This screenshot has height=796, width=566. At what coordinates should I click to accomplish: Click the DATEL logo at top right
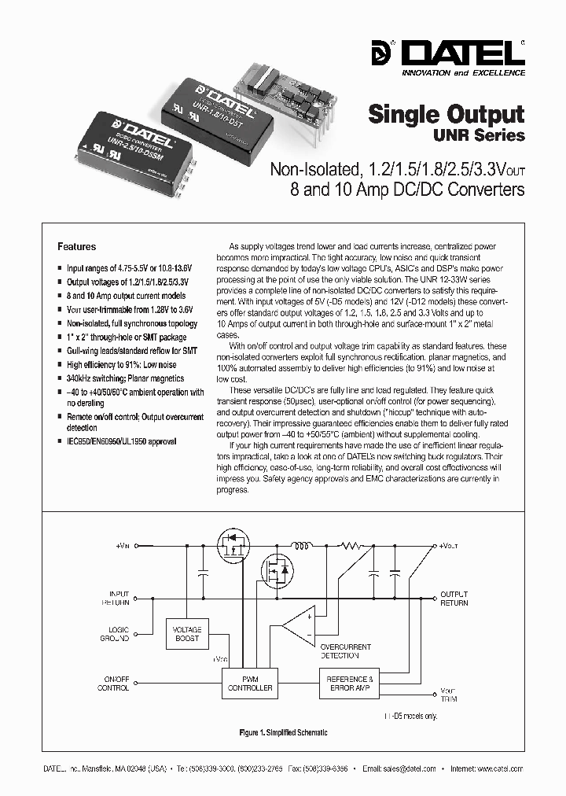(x=461, y=55)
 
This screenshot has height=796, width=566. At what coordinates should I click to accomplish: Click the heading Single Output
(x=447, y=114)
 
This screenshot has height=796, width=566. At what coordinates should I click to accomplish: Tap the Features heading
(x=77, y=246)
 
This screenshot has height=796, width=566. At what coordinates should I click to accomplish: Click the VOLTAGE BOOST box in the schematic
(x=186, y=634)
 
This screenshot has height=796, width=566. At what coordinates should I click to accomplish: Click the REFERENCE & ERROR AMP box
(x=350, y=683)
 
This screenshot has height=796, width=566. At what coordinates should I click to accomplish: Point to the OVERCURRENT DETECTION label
(x=340, y=650)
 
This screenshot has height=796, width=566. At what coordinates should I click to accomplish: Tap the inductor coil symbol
(x=300, y=544)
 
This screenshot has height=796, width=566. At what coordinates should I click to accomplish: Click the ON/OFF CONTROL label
(x=112, y=683)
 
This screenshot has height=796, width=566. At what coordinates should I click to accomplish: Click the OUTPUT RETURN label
(x=454, y=599)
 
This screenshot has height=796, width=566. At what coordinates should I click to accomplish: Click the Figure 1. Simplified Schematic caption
(x=283, y=732)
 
